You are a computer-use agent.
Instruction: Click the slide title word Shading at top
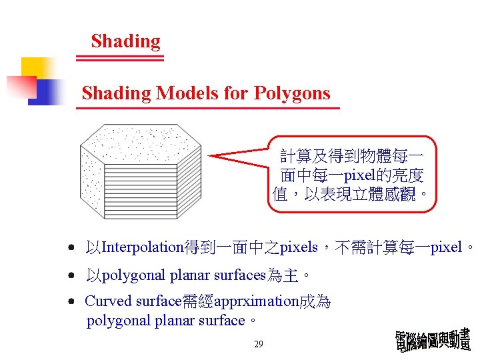click(x=125, y=41)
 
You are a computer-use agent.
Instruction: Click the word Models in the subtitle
click(x=187, y=93)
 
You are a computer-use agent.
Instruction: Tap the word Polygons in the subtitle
click(x=293, y=93)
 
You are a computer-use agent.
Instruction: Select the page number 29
click(x=259, y=345)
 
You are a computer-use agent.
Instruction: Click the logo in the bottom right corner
click(x=433, y=341)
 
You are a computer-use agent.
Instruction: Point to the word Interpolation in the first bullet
click(x=144, y=247)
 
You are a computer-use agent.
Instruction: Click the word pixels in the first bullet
click(x=299, y=247)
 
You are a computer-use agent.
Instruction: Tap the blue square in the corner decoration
click(x=45, y=92)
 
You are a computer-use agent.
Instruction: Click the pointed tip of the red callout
click(x=211, y=155)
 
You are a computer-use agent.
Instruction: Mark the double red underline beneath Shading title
click(x=120, y=58)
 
